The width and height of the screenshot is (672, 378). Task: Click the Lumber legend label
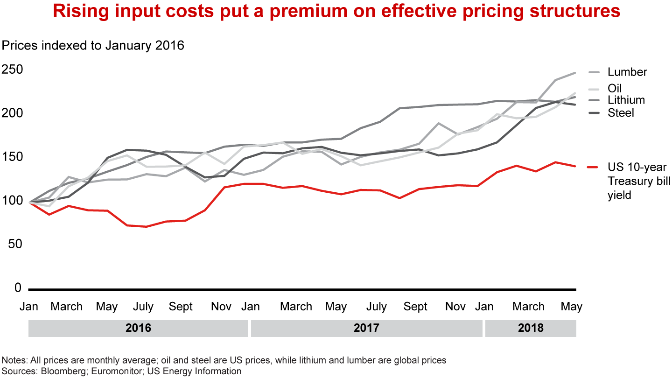coord(627,72)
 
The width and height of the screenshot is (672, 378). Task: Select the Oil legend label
coord(615,89)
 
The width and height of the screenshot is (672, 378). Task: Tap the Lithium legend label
coord(626,100)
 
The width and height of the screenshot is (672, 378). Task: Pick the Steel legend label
coord(621,112)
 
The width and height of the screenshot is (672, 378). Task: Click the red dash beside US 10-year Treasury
coord(593,167)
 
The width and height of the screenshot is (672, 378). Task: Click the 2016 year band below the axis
coord(138,328)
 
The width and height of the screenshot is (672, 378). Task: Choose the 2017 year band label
coord(366,328)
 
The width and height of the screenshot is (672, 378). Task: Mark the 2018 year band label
coord(531,328)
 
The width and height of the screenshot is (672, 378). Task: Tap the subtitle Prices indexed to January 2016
coord(93,45)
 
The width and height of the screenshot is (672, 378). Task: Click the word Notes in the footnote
coord(14,360)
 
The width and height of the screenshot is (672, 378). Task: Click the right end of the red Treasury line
coord(575,166)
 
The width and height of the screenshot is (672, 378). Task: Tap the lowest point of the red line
coord(147,227)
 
